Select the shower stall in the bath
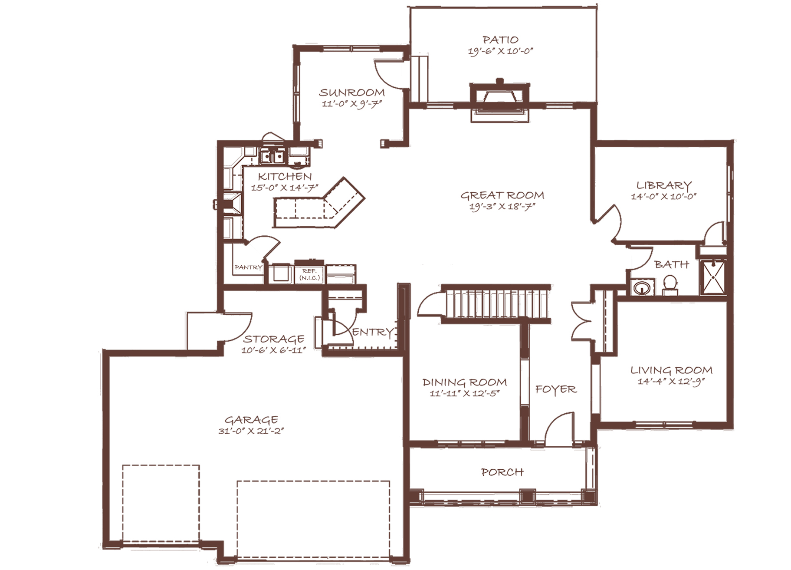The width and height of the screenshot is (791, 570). click(x=713, y=277)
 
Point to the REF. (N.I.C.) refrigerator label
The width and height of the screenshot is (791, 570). click(x=309, y=274)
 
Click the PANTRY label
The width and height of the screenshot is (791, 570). click(x=248, y=267)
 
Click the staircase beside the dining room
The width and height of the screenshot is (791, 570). click(x=496, y=303)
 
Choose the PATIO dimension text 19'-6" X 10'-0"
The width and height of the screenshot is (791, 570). click(x=500, y=51)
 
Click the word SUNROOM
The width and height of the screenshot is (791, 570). click(x=352, y=92)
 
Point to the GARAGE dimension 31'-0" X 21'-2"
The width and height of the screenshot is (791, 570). click(x=251, y=431)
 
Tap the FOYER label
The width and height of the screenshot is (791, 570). click(x=556, y=389)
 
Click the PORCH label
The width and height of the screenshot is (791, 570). click(x=502, y=472)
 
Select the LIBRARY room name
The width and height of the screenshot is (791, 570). click(x=664, y=185)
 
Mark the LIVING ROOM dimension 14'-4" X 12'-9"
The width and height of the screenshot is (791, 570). click(x=671, y=382)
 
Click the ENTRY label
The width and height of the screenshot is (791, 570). click(x=372, y=333)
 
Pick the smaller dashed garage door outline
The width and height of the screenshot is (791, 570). click(x=161, y=504)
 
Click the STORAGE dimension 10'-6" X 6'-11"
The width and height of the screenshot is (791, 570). click(x=274, y=350)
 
